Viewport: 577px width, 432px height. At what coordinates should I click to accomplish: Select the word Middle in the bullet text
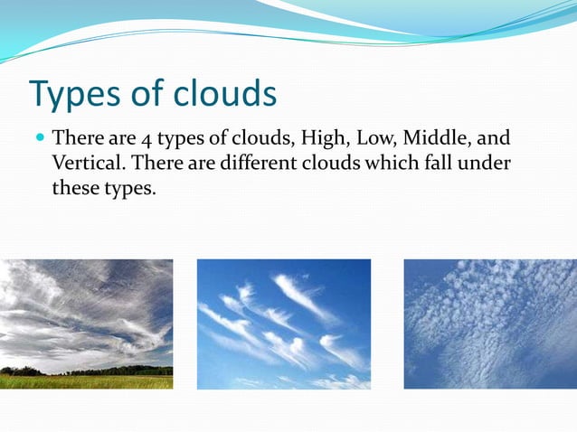pos(434,139)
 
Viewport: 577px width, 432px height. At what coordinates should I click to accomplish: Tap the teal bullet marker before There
pos(39,140)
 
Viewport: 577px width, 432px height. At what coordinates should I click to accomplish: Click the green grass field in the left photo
pos(86,381)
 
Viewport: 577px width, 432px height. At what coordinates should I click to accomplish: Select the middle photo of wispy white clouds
pos(283,324)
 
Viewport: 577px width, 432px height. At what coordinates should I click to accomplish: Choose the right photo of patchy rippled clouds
pos(489,324)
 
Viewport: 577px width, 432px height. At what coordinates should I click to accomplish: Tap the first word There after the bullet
pos(79,139)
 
